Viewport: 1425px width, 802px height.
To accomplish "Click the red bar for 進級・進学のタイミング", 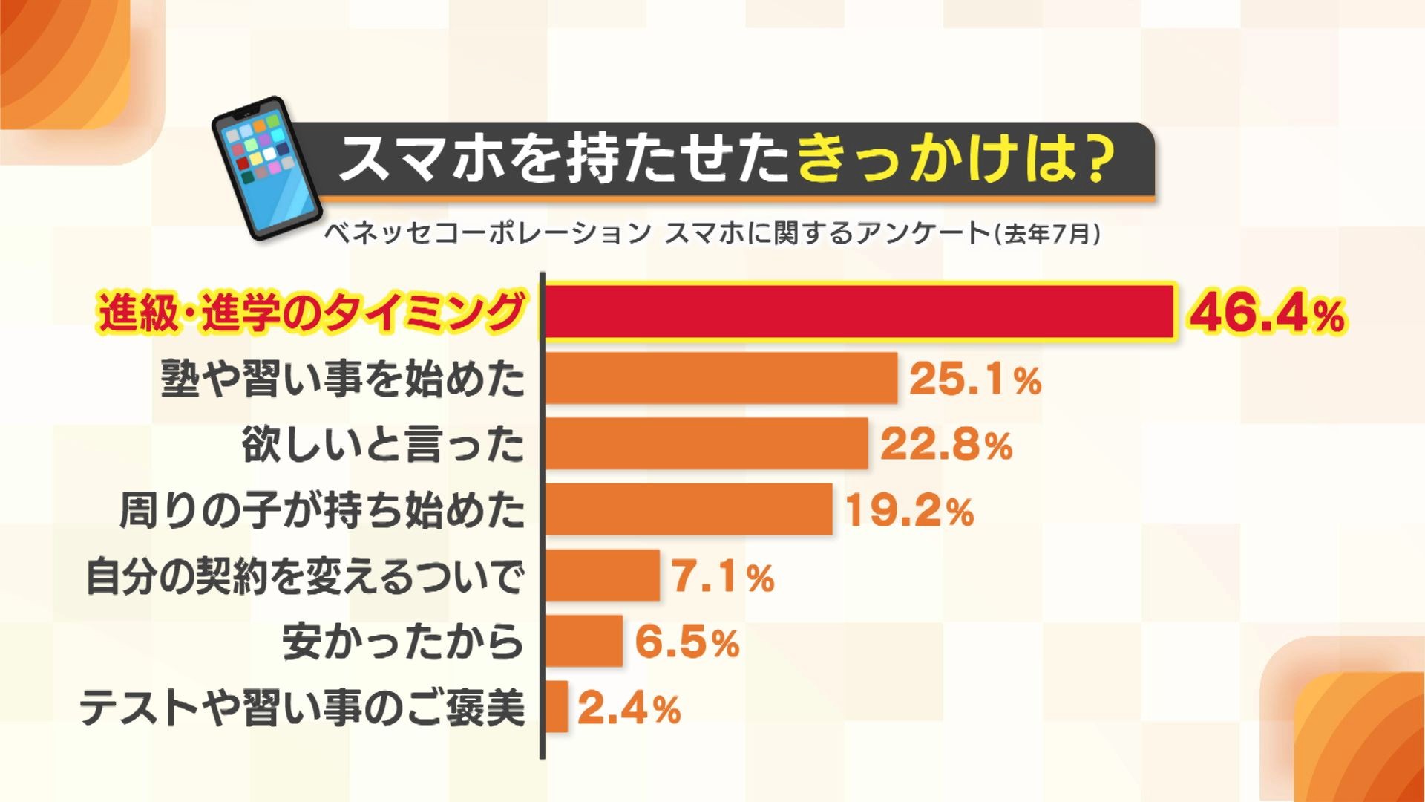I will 859,311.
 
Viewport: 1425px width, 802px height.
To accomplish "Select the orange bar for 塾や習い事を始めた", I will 721,378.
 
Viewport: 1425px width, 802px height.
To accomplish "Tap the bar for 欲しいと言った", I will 707,443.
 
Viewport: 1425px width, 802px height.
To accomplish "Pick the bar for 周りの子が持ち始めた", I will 689,509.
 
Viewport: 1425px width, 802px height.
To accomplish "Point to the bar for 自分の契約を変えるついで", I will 603,575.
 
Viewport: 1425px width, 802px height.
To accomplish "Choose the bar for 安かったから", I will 584,640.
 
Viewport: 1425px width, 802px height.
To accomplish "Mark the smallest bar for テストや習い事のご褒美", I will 557,706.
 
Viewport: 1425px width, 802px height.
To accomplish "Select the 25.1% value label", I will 974,379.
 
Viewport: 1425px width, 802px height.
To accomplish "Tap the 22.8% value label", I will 946,445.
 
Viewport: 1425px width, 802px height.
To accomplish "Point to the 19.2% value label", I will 909,511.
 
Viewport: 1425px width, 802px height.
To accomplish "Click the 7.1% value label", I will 723,577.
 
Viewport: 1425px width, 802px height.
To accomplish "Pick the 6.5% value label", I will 687,642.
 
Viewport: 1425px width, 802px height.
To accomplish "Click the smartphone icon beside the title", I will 266,168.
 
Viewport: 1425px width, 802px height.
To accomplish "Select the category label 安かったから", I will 403,642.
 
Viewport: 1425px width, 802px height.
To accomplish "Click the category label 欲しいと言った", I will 383,445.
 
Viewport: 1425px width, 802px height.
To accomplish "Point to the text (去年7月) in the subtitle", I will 1047,234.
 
